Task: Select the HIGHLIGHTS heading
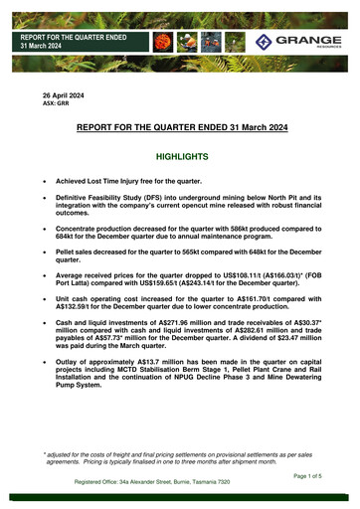(x=180, y=157)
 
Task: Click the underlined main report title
(x=180, y=128)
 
